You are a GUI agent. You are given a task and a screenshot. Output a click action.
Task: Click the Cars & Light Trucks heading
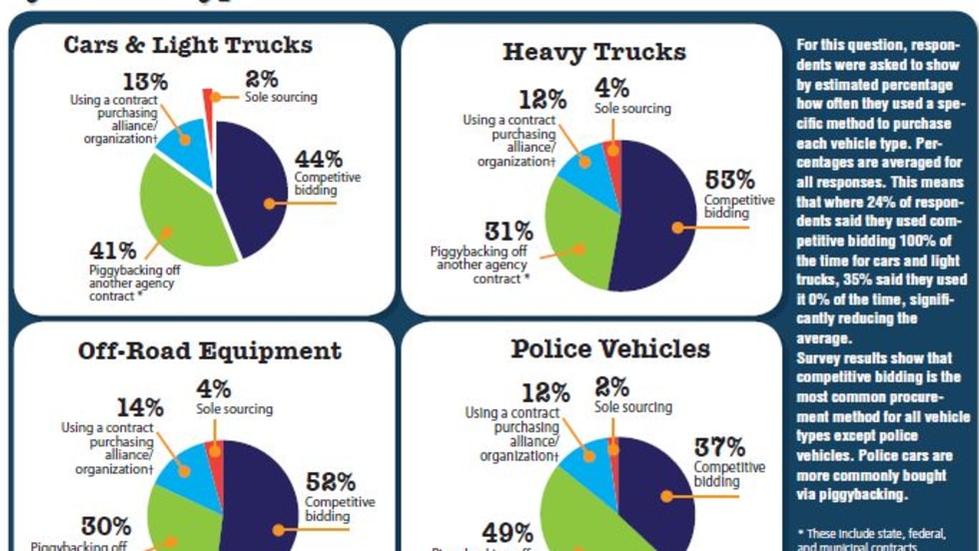[188, 45]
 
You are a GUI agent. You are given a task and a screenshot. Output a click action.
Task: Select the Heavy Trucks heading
[593, 51]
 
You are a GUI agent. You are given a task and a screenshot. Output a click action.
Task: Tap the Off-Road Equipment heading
[209, 350]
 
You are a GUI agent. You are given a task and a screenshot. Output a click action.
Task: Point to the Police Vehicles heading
[610, 348]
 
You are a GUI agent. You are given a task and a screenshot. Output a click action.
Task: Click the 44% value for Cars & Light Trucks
[318, 159]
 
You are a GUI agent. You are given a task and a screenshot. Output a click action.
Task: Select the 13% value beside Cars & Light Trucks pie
[146, 81]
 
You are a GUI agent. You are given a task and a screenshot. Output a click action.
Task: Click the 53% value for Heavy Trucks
[729, 181]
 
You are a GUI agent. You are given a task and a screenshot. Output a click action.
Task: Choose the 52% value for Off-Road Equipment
[330, 482]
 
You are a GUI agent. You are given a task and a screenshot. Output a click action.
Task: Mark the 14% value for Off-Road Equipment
[140, 407]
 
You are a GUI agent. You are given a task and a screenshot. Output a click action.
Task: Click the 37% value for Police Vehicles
[720, 446]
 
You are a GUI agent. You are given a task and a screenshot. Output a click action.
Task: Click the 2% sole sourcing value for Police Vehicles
[611, 386]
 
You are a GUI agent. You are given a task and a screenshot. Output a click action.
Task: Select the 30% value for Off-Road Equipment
[106, 526]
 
